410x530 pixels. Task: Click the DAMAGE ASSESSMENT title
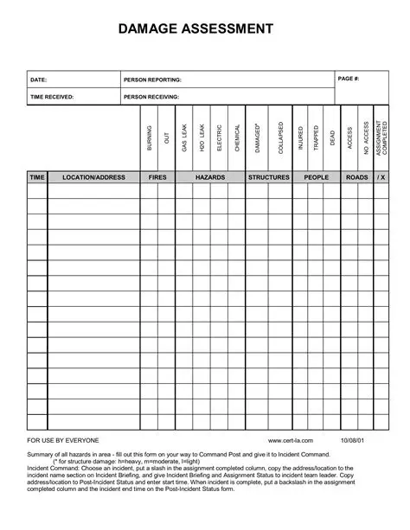coord(195,29)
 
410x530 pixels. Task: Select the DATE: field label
coord(38,80)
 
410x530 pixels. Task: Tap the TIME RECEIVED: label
coord(52,97)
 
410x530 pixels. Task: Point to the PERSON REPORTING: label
coord(152,80)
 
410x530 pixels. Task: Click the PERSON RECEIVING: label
coord(151,97)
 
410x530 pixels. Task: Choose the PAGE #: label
coord(349,79)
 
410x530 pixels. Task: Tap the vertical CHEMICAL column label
coord(236,137)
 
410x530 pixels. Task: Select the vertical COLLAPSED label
coord(280,137)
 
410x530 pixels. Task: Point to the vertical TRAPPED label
coord(316,138)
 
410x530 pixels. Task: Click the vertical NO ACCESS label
coord(366,137)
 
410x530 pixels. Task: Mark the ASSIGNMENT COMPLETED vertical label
coord(382,137)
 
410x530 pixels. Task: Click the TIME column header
coord(37,177)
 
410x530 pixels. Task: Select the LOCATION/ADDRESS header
coord(93,177)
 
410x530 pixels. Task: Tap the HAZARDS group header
coord(209,177)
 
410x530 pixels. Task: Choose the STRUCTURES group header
coord(269,177)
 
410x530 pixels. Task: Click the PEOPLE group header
coord(316,177)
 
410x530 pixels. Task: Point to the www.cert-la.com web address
coord(296,441)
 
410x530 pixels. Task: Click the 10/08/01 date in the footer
coord(353,441)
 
